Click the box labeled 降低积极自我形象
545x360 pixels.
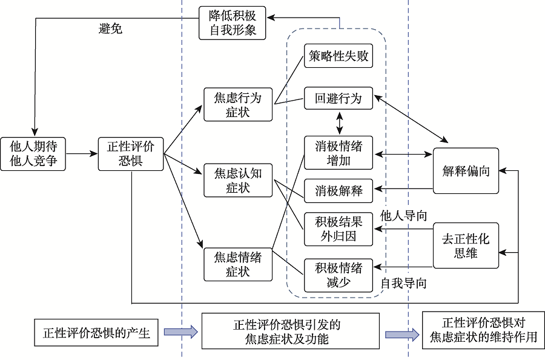pos(233,23)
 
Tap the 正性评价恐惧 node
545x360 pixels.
pos(131,153)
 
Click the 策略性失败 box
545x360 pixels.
pos(338,58)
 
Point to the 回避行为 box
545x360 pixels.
pos(338,98)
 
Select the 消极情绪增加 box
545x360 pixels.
pos(338,153)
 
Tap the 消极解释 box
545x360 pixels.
pos(338,192)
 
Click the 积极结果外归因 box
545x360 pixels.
pos(338,229)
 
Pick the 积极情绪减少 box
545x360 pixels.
pos(338,275)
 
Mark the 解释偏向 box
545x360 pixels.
pos(466,171)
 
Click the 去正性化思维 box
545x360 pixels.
pos(466,245)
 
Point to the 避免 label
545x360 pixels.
pos(110,28)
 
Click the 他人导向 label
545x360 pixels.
pos(403,215)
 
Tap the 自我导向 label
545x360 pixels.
pos(403,283)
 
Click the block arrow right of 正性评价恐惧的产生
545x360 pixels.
pos(180,332)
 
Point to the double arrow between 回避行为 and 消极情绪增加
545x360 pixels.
pos(340,124)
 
